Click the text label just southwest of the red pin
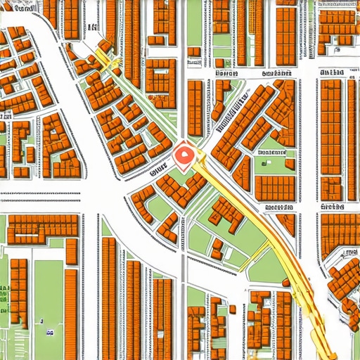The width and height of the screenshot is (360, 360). click(157, 168)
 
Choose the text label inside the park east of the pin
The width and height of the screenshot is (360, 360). click(270, 151)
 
